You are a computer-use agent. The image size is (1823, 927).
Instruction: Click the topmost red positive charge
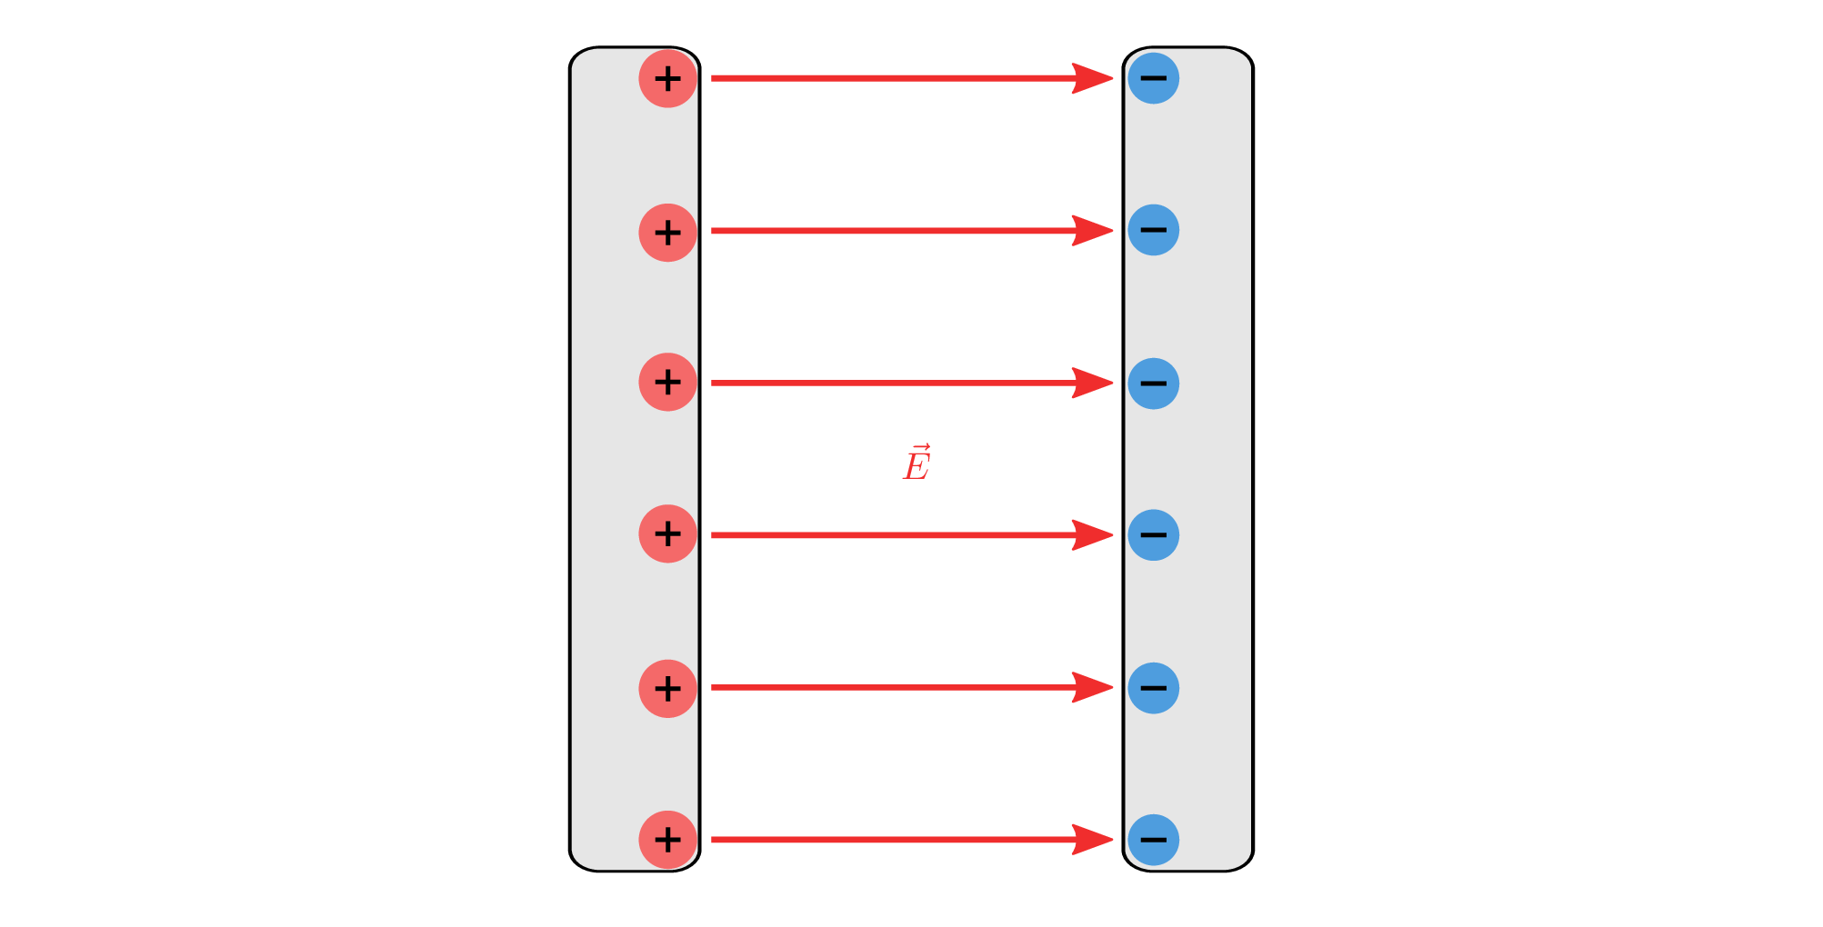667,78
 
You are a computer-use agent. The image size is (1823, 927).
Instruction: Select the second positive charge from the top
667,233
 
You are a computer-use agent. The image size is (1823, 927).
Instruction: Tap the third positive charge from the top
667,382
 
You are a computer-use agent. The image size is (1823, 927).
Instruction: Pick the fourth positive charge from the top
667,533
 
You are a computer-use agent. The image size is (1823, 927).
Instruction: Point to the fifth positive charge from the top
667,688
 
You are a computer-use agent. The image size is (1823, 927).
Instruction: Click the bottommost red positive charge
667,839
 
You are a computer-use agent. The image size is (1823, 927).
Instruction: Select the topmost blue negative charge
1153,78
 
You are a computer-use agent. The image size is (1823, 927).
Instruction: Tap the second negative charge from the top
1153,230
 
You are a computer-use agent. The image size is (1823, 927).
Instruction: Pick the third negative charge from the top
1153,384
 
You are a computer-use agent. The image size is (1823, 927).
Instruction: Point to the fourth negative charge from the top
1153,534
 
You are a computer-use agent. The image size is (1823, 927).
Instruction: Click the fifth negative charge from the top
1153,688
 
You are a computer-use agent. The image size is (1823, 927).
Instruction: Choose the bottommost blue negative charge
1153,840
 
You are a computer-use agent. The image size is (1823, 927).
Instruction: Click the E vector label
917,463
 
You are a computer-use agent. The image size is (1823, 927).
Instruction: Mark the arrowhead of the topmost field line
1093,78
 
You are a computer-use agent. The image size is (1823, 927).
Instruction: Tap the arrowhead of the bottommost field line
1093,840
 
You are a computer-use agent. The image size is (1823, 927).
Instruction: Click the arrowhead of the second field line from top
1093,231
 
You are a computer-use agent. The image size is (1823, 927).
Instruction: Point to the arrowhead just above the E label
1093,384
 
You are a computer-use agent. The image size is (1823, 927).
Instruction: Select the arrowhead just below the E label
1093,535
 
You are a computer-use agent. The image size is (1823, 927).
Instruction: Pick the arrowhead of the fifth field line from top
1093,688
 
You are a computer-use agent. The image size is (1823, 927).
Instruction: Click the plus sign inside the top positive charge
667,78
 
